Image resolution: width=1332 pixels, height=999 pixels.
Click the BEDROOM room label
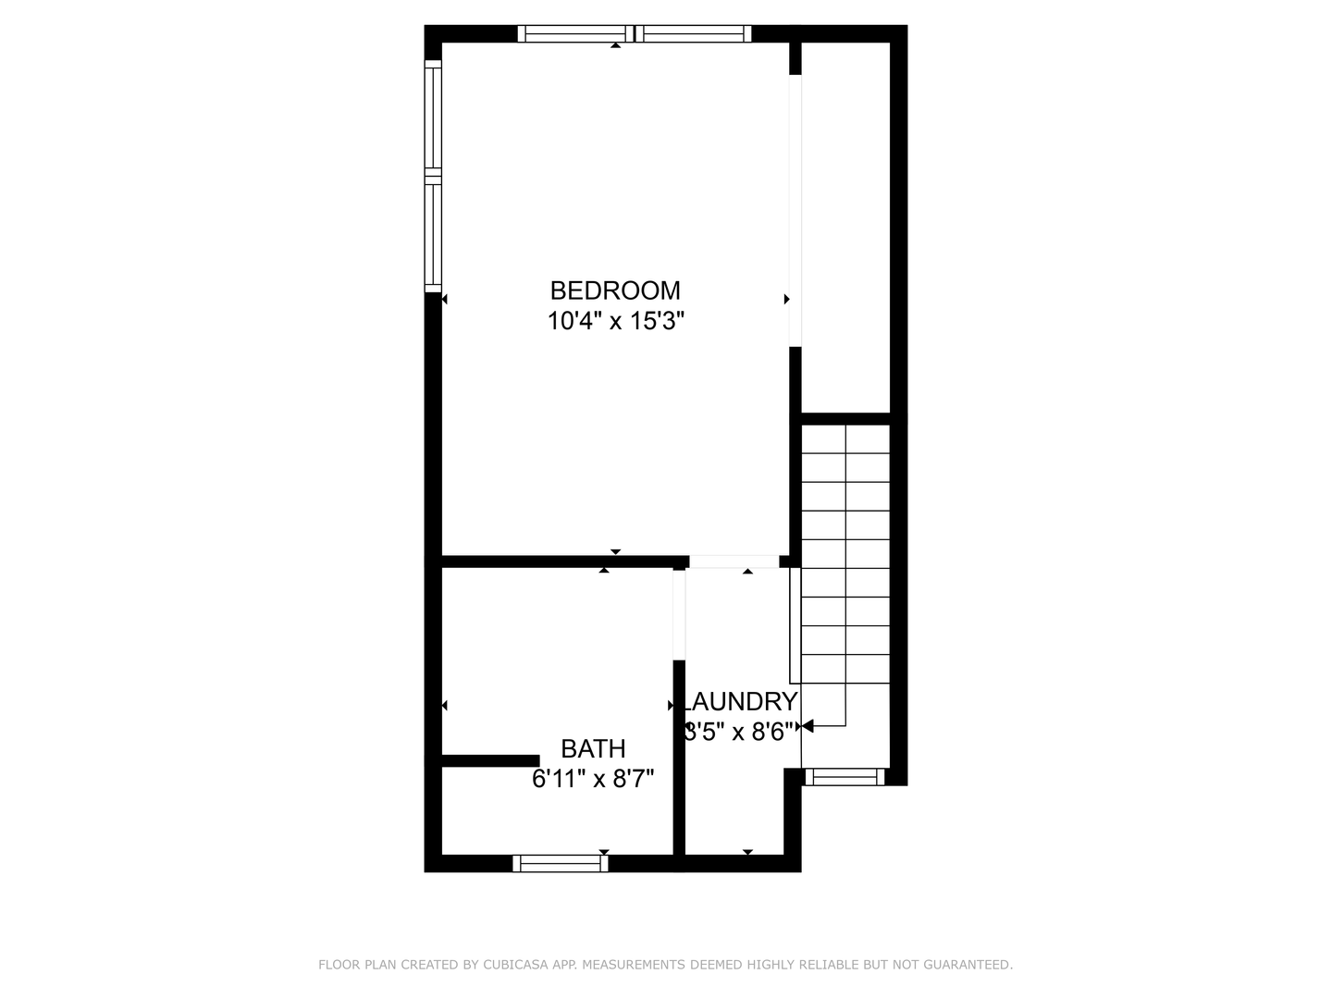pos(615,290)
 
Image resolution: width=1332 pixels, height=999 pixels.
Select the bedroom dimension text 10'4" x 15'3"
pos(615,322)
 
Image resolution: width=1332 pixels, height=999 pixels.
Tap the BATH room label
pos(593,748)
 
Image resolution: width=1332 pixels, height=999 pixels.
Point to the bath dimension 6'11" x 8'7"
pos(593,780)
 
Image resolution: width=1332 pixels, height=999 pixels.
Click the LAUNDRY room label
pos(740,702)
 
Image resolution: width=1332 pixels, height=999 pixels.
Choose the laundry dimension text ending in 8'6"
pos(740,733)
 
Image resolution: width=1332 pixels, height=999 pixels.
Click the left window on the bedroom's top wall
pos(575,34)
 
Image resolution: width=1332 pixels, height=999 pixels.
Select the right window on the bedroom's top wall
pos(694,34)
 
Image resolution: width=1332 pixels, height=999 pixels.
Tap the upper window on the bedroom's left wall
pos(433,116)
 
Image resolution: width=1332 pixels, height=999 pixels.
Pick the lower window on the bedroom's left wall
pos(433,233)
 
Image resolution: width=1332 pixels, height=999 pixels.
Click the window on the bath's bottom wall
pos(561,863)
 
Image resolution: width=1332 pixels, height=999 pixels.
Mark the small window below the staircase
pos(844,777)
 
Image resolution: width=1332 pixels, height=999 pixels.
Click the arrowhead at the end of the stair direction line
pos(807,726)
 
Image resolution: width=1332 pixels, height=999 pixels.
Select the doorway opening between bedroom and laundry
pos(734,561)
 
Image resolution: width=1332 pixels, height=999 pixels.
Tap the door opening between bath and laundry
pos(679,615)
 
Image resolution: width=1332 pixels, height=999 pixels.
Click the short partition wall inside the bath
pos(490,761)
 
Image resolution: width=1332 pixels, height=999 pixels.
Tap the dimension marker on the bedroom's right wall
pos(787,299)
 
